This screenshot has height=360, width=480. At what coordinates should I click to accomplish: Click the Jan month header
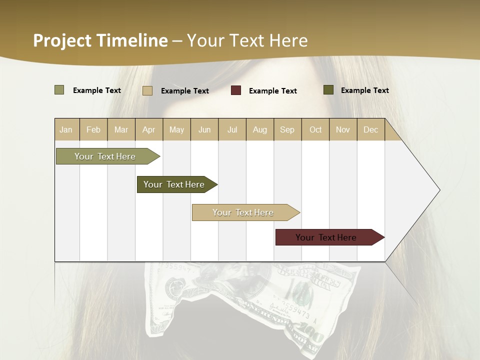point(66,129)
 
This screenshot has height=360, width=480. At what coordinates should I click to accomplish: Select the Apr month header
point(148,129)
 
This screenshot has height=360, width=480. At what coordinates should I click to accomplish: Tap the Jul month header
point(232,129)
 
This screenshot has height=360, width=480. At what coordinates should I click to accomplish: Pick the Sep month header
point(287,129)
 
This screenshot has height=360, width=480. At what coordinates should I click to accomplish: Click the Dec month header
point(370,129)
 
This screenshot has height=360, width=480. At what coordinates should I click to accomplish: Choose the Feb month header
point(93,129)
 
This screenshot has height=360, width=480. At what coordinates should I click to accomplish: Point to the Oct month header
point(315,129)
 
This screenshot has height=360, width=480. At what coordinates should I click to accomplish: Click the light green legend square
point(59,90)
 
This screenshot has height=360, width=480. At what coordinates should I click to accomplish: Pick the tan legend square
point(147,90)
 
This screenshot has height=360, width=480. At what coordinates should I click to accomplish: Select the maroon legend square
point(236,90)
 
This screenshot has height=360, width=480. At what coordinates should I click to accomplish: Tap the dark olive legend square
point(328,90)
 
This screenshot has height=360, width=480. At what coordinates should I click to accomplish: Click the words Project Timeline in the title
point(100,40)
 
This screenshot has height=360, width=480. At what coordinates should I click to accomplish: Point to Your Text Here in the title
point(247,40)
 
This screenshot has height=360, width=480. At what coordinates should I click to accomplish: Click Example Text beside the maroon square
point(272,91)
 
